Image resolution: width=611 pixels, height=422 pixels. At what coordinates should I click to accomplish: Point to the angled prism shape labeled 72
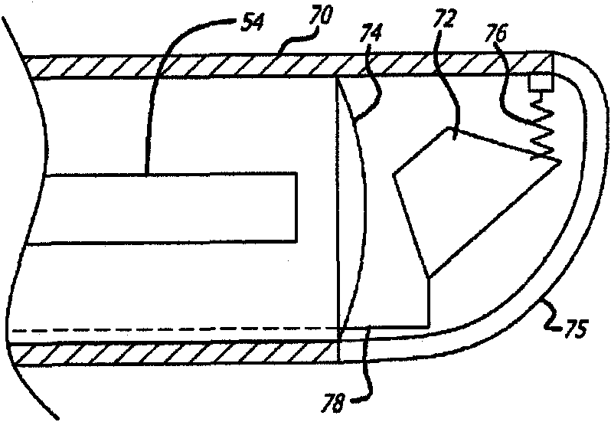point(459,199)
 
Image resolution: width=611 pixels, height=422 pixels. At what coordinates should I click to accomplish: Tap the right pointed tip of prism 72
point(558,162)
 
